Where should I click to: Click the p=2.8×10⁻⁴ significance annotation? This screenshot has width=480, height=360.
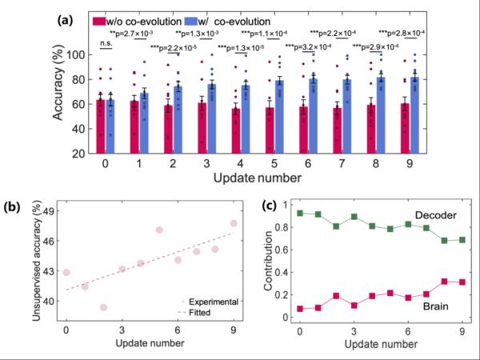coord(416,32)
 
